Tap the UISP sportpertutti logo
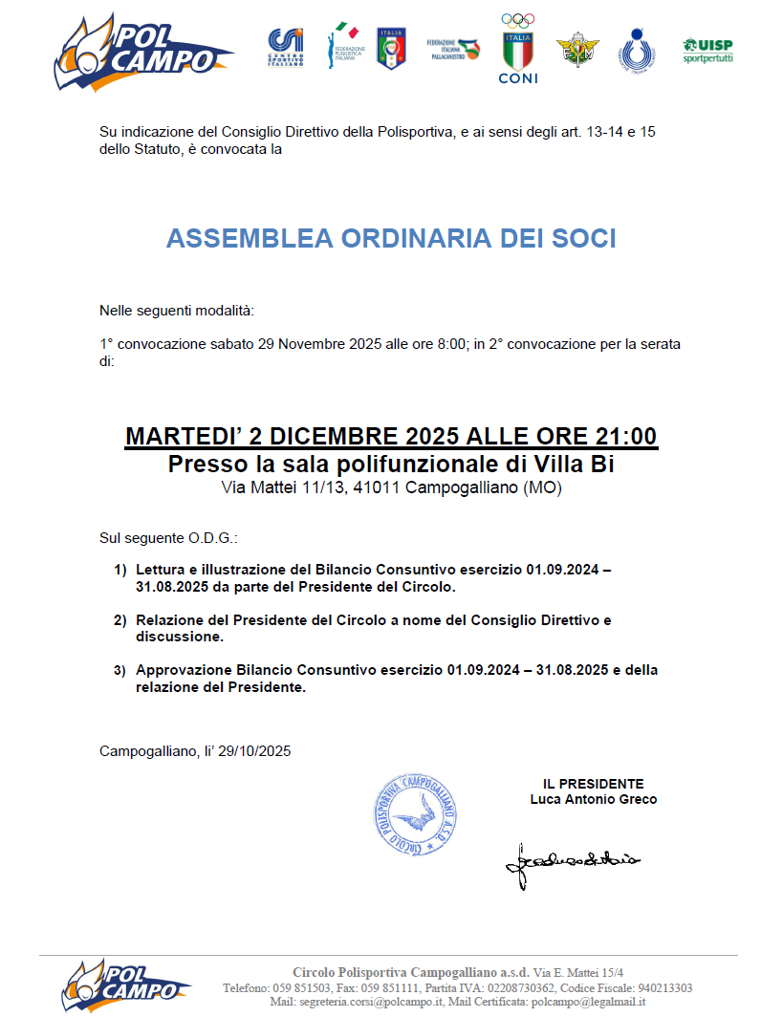(x=707, y=50)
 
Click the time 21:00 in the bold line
(x=627, y=437)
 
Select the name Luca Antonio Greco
(x=594, y=799)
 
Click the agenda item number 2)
(x=120, y=620)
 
